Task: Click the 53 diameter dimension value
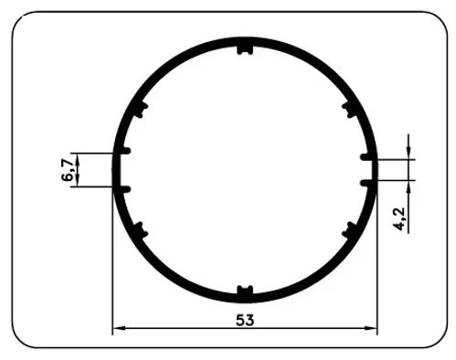[x=244, y=320]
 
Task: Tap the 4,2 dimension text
[x=400, y=219]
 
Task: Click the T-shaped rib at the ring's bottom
[x=244, y=291]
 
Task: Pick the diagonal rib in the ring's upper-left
[x=139, y=111]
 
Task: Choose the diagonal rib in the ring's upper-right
[x=349, y=111]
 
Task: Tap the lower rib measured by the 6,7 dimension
[x=125, y=187]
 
